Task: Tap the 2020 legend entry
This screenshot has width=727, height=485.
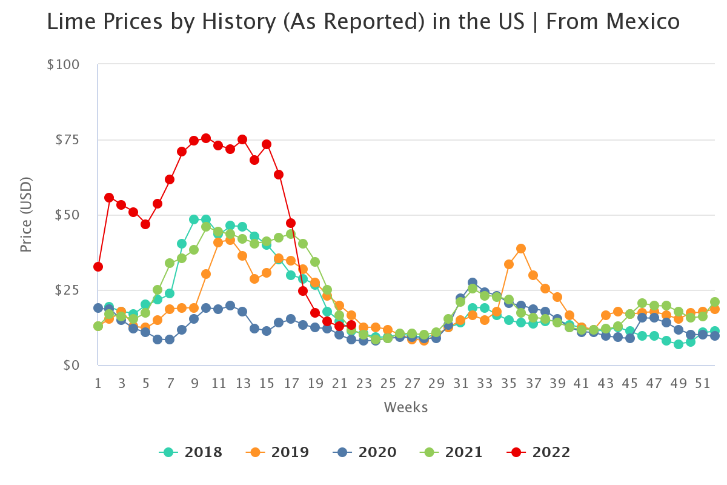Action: pos(365,452)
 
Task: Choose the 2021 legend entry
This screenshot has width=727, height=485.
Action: pos(451,452)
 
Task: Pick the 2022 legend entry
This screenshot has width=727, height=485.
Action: pos(539,452)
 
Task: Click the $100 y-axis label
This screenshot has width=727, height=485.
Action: pos(63,64)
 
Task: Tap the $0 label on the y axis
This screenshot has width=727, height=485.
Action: pos(71,365)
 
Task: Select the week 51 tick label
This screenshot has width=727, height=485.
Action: pos(702,384)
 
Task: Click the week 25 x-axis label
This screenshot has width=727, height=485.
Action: pos(388,384)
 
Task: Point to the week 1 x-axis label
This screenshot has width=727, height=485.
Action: pos(98,384)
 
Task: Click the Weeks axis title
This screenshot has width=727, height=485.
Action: pos(405,407)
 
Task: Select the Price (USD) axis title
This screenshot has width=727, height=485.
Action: pos(25,215)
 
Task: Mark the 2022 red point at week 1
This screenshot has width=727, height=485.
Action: pos(98,267)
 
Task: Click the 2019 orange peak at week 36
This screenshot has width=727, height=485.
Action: pos(521,249)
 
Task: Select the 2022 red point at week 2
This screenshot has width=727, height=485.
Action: pos(109,198)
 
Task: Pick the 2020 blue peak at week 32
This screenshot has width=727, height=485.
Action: pos(473,283)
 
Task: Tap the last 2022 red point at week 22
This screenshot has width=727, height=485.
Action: pos(351,325)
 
